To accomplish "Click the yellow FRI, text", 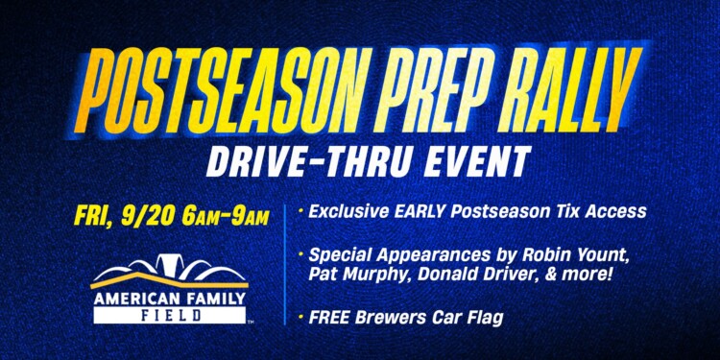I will point(93,213).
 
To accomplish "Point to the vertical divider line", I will point(285,263).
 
